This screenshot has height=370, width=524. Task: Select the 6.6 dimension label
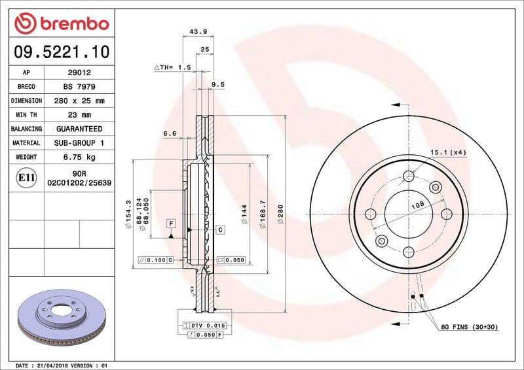point(170,134)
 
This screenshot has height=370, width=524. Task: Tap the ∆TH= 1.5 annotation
point(172,67)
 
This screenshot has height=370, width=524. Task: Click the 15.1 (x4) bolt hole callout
point(448,152)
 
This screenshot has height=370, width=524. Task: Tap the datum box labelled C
point(220,229)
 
